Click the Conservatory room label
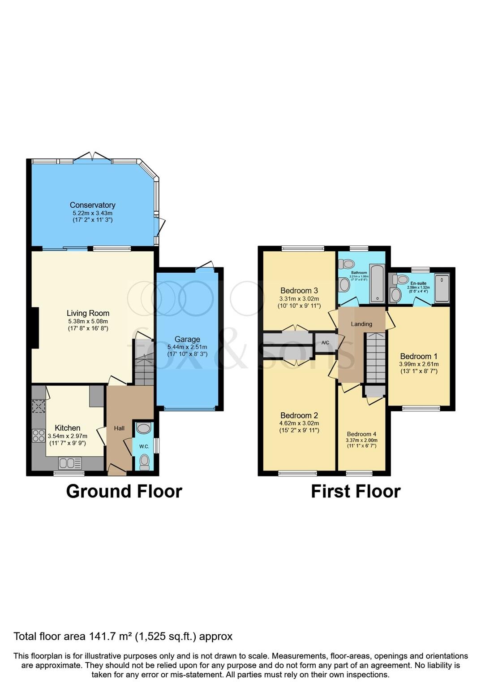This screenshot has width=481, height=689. [x=92, y=205]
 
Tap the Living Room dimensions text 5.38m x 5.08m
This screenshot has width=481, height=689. [x=88, y=321]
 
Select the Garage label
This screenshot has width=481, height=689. [x=187, y=339]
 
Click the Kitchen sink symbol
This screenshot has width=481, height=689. [x=70, y=462]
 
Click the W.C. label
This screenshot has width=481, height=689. [x=144, y=446]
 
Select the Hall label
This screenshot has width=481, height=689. [x=119, y=428]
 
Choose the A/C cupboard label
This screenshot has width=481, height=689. [x=326, y=343]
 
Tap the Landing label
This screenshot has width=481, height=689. [x=361, y=324]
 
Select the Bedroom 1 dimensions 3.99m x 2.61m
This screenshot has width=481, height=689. [x=419, y=364]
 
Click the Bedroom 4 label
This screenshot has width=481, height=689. [x=361, y=434]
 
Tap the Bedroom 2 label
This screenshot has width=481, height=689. [x=299, y=415]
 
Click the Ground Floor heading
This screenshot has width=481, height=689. [x=124, y=491]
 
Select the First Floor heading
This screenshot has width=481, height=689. [x=356, y=491]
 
